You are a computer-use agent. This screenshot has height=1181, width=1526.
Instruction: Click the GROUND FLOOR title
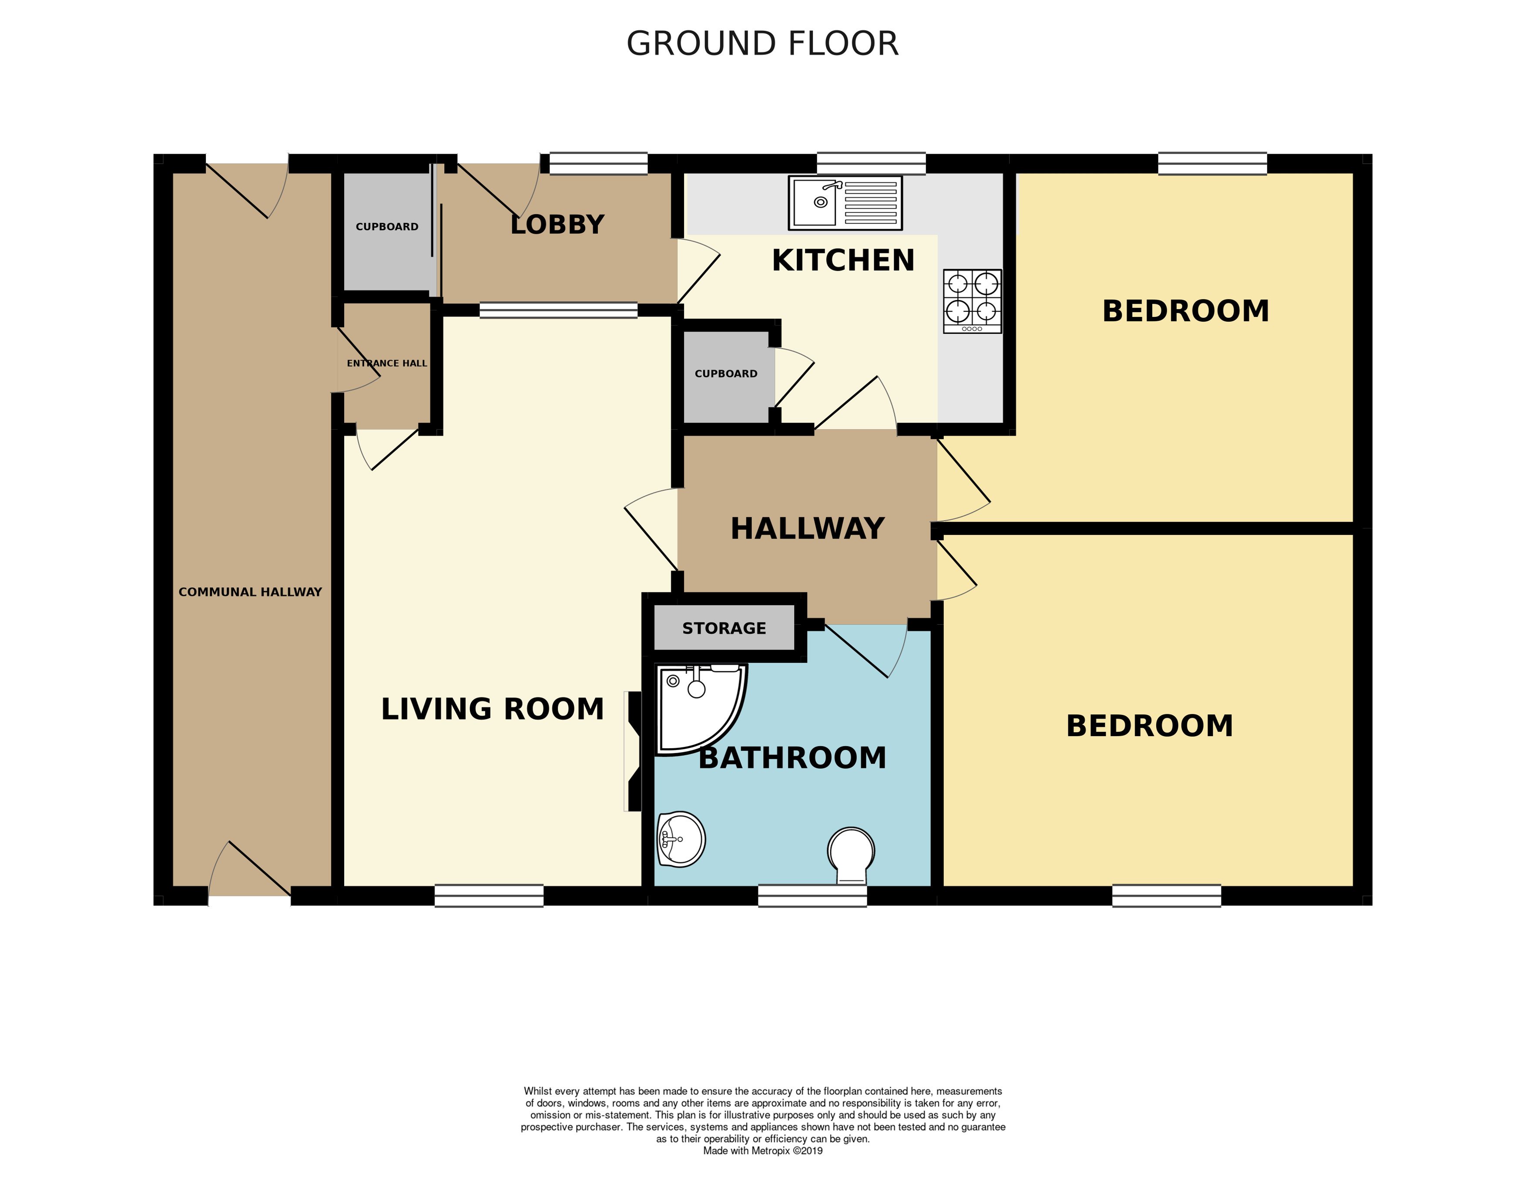[762, 44]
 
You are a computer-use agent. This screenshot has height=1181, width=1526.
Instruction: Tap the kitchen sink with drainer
[845, 203]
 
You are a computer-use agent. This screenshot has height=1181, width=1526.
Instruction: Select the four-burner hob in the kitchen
[972, 301]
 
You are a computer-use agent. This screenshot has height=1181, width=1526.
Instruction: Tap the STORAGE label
[724, 628]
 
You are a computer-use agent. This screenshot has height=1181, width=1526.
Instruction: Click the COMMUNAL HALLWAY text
[250, 592]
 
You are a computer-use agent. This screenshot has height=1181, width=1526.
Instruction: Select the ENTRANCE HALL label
[386, 363]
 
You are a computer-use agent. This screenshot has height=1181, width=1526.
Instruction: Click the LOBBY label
[557, 225]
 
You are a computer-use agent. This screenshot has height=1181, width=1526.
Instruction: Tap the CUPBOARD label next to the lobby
[386, 226]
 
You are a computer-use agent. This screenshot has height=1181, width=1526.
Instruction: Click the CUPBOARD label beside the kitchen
[725, 374]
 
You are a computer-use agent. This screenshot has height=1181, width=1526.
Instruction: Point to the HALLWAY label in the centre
[807, 529]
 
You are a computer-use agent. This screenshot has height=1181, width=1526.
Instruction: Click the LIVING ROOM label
[492, 709]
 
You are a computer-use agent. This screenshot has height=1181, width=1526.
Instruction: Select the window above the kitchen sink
[871, 164]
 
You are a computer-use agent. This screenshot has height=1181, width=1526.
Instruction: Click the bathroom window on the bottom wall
[812, 896]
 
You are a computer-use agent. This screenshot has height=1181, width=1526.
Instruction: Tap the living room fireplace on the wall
[634, 751]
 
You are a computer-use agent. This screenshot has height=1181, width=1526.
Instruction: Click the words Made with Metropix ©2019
[762, 1151]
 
